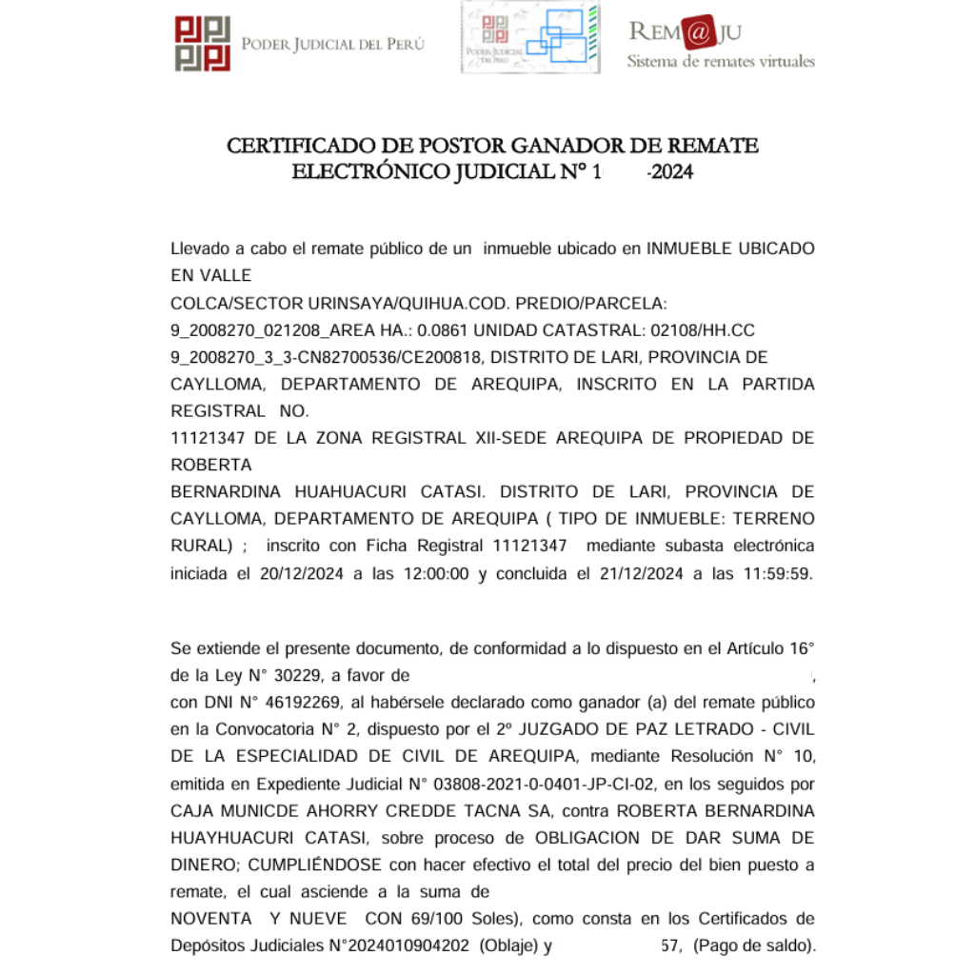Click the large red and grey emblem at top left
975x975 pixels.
click(x=203, y=44)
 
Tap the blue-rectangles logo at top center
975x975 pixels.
click(x=530, y=37)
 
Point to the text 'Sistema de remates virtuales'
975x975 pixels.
click(x=721, y=61)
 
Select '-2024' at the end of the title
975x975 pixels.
click(x=670, y=173)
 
